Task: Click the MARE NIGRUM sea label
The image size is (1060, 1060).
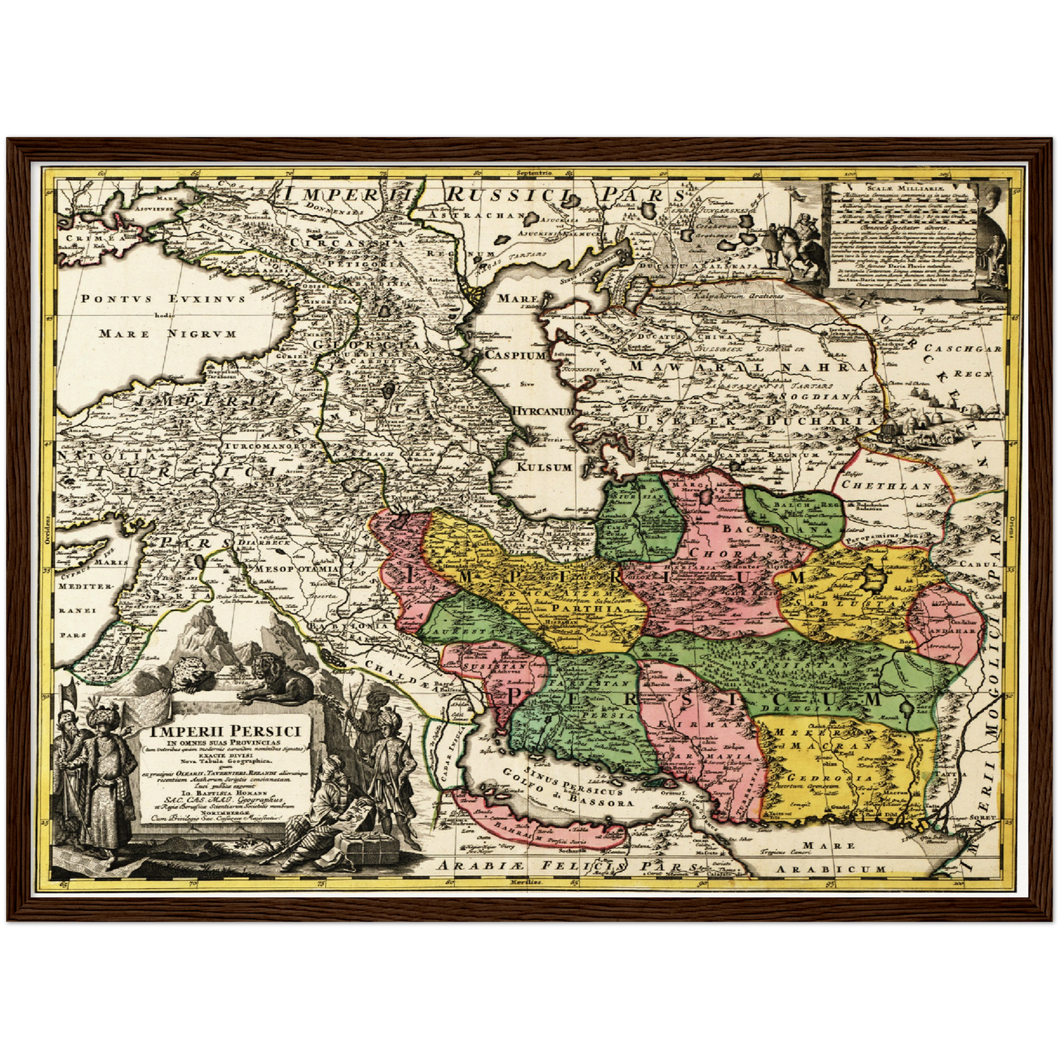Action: click(167, 334)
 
